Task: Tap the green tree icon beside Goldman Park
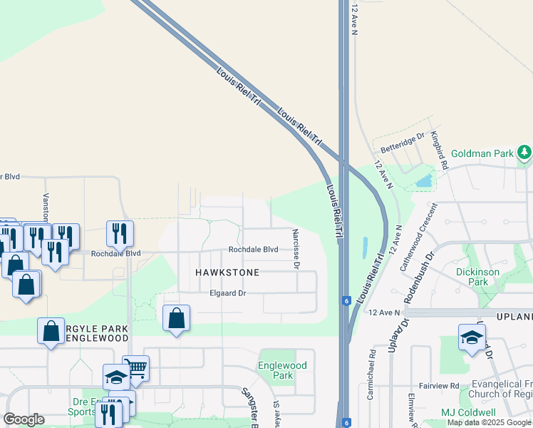(x=524, y=152)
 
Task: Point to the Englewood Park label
(x=283, y=370)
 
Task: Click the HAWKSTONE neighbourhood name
(x=227, y=273)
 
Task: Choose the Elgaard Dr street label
(x=227, y=293)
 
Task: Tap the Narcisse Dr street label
(x=295, y=249)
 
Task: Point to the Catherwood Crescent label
(x=418, y=235)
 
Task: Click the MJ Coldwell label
(x=468, y=412)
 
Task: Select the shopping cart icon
(x=135, y=368)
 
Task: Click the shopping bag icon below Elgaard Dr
(x=176, y=318)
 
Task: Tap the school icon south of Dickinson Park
(x=472, y=337)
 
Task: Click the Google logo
(x=24, y=419)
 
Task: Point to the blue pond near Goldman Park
(x=424, y=180)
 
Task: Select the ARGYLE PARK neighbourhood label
(x=96, y=329)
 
